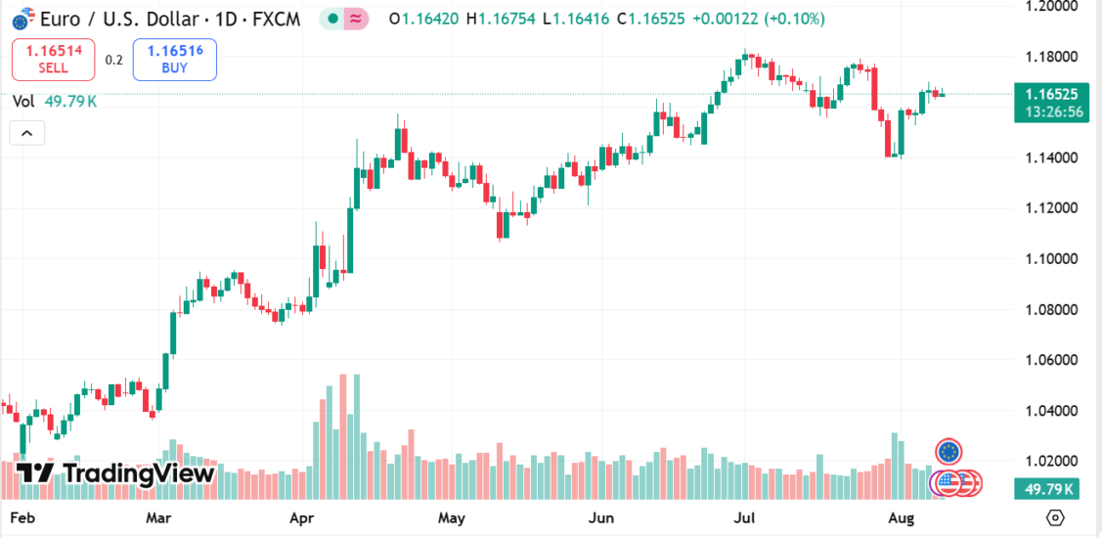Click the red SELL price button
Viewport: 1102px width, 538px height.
click(x=53, y=59)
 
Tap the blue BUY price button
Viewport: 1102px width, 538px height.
click(x=174, y=59)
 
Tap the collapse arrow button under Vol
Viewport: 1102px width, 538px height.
click(x=26, y=133)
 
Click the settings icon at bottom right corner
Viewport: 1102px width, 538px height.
click(x=1055, y=516)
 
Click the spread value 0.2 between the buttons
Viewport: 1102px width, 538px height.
click(x=114, y=60)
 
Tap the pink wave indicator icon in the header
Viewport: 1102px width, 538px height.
click(x=357, y=19)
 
